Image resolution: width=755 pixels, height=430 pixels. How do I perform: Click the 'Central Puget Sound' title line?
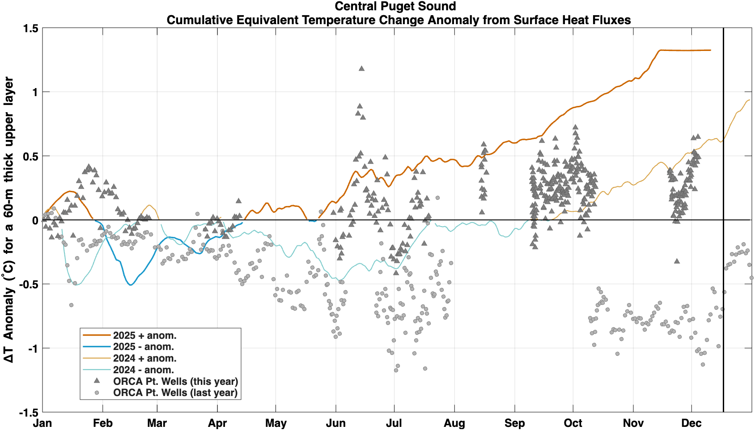click(395, 6)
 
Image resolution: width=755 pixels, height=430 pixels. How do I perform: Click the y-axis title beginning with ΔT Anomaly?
click(9, 220)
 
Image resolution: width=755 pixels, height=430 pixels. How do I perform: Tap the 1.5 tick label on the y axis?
click(30, 28)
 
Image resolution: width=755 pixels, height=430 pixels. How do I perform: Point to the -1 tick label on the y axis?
click(33, 348)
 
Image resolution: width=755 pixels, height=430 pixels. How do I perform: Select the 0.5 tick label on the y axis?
click(30, 156)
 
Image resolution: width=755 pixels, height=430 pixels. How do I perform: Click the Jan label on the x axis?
click(42, 423)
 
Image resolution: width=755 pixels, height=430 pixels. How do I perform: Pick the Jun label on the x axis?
click(336, 423)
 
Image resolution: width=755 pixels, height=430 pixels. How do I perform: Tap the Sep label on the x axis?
click(515, 423)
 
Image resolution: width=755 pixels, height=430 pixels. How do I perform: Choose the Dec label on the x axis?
click(691, 423)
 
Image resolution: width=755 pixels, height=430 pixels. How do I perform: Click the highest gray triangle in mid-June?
click(362, 68)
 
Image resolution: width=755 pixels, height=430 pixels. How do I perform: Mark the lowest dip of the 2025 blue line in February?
click(131, 285)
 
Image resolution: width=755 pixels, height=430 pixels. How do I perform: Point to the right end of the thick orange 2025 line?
click(711, 50)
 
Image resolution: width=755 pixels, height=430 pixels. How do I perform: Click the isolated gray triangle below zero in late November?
click(677, 261)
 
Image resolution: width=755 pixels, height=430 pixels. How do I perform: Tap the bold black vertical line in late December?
click(723, 220)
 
